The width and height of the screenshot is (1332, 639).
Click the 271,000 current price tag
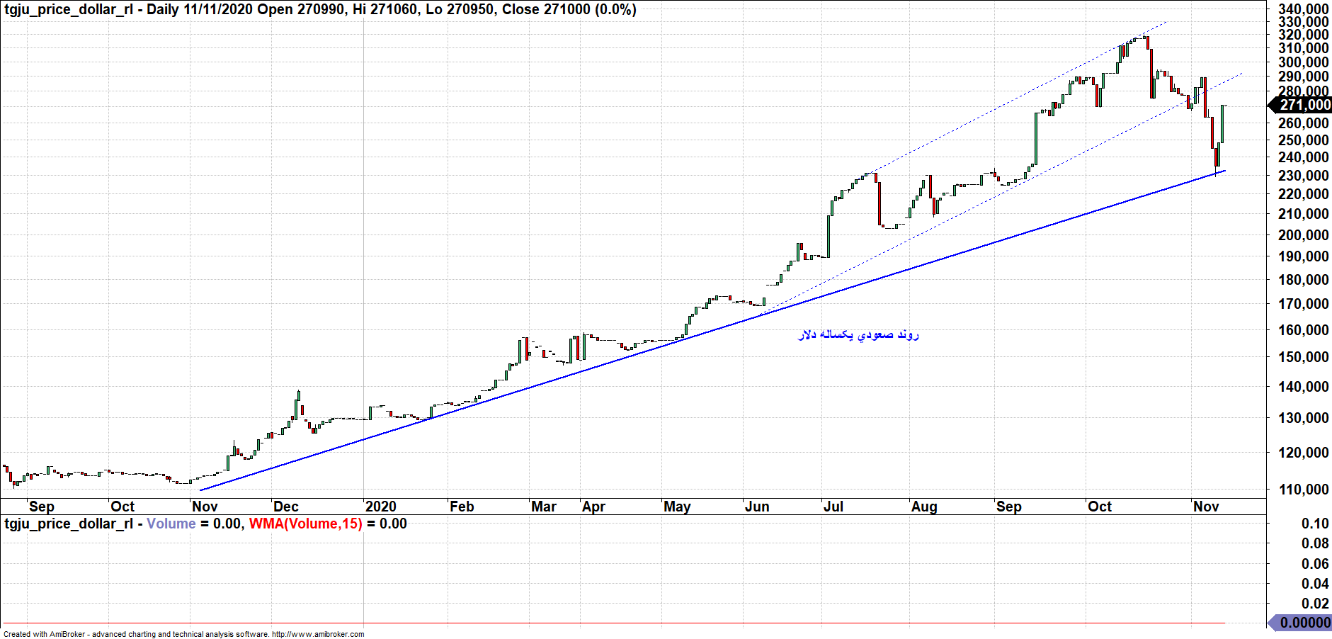pyautogui.click(x=1304, y=105)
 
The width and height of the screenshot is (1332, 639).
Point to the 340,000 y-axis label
pyautogui.click(x=1303, y=9)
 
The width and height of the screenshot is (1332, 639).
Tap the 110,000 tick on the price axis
pyautogui.click(x=1303, y=489)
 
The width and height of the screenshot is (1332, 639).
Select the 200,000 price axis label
pyautogui.click(x=1303, y=234)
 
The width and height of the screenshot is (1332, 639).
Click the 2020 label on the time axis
pyautogui.click(x=381, y=507)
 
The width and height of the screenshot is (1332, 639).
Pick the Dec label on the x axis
pyautogui.click(x=286, y=507)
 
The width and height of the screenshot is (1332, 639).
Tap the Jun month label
pyautogui.click(x=757, y=507)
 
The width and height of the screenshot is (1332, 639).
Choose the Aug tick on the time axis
pyautogui.click(x=924, y=507)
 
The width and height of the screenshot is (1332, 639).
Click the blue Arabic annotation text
pyautogui.click(x=858, y=334)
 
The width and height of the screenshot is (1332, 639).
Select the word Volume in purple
pyautogui.click(x=171, y=524)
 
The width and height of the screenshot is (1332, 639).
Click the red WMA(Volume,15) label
pyautogui.click(x=305, y=524)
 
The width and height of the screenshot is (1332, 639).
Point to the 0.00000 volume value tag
pyautogui.click(x=1304, y=622)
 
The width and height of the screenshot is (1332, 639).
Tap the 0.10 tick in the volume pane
pyautogui.click(x=1315, y=524)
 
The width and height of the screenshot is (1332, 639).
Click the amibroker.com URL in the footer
pyautogui.click(x=318, y=634)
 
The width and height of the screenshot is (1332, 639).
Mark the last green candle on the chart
pyautogui.click(x=1222, y=123)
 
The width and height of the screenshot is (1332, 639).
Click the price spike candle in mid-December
pyautogui.click(x=298, y=405)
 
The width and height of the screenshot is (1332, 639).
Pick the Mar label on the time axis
pyautogui.click(x=544, y=507)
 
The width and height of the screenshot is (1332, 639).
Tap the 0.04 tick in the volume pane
pyautogui.click(x=1315, y=584)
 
